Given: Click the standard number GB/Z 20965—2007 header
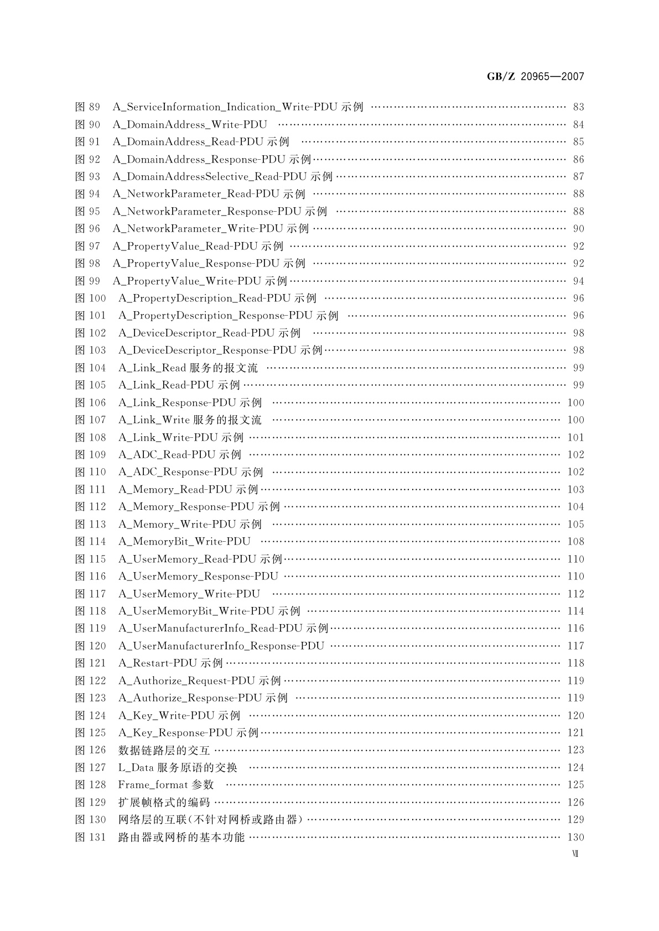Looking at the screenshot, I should [x=535, y=77].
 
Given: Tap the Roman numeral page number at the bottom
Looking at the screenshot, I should [x=575, y=854].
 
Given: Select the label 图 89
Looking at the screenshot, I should [x=88, y=107].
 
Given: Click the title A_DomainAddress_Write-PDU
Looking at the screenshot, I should [x=190, y=125].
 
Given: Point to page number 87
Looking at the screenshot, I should [x=578, y=177].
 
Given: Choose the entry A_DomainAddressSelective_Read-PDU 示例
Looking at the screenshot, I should [x=222, y=177].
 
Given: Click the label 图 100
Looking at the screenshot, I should [x=90, y=299].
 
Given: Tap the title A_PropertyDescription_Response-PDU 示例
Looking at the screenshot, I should [x=228, y=316].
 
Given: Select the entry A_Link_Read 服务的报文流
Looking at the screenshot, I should [x=188, y=368].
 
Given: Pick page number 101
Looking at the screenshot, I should [x=575, y=438].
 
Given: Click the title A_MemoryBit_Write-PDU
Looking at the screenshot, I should [x=184, y=542].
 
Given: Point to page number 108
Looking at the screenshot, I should [x=575, y=542].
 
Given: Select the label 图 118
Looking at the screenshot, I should [x=90, y=611].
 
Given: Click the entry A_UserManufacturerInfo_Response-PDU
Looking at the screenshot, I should [x=221, y=646].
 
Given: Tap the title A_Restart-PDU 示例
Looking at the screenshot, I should [x=170, y=663].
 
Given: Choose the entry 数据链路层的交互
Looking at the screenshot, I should [x=164, y=750].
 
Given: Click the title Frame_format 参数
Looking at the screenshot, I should [x=166, y=785].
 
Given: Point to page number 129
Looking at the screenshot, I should [x=575, y=820].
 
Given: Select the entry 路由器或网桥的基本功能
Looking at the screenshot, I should [x=181, y=838].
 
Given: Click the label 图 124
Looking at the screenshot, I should [x=90, y=716].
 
